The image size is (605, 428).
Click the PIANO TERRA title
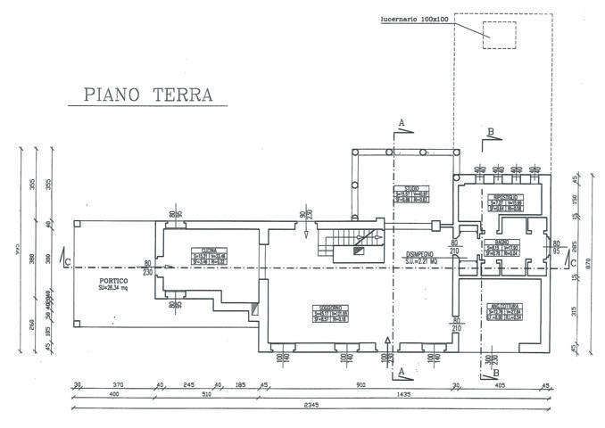tap(144, 94)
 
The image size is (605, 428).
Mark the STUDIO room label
tap(411, 189)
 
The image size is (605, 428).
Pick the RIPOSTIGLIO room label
tap(506, 197)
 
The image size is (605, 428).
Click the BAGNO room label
tap(497, 243)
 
